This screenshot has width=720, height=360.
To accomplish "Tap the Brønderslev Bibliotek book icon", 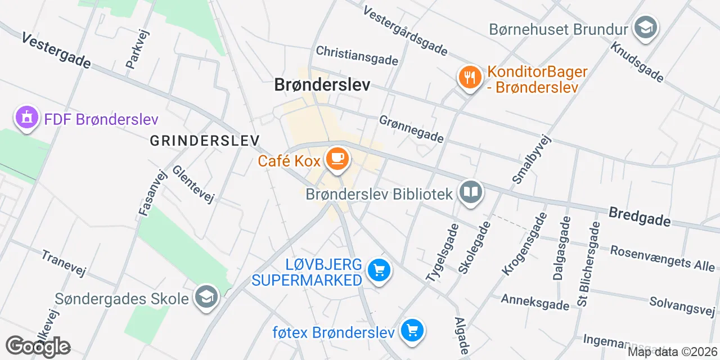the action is pyautogui.click(x=470, y=193).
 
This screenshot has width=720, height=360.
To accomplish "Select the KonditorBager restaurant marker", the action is pyautogui.click(x=469, y=77).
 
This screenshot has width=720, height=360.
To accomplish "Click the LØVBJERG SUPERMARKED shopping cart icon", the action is pyautogui.click(x=379, y=271).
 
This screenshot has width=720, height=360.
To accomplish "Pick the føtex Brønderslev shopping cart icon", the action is pyautogui.click(x=412, y=331).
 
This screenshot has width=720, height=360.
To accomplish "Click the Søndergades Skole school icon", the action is pyautogui.click(x=206, y=297).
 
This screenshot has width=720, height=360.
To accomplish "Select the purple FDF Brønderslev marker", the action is pyautogui.click(x=26, y=118).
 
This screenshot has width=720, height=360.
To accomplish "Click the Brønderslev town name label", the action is pyautogui.click(x=322, y=85).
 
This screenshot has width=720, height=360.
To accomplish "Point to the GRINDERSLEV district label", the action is pyautogui.click(x=205, y=141).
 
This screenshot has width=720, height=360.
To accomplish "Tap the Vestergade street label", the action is pyautogui.click(x=56, y=51).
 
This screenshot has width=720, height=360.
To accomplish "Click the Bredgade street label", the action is pyautogui.click(x=640, y=216).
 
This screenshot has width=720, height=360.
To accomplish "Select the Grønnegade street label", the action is pyautogui.click(x=411, y=129).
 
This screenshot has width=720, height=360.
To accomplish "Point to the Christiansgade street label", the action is pyautogui.click(x=357, y=55).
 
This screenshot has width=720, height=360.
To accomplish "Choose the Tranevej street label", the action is pyautogui.click(x=63, y=263).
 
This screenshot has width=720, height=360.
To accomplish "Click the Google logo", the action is pyautogui.click(x=38, y=346).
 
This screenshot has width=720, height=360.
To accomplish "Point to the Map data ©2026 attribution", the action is pyautogui.click(x=672, y=352).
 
